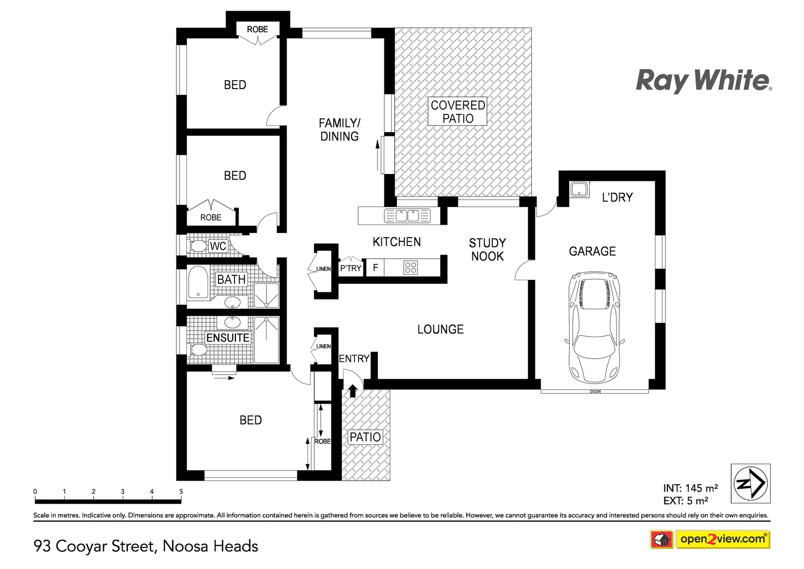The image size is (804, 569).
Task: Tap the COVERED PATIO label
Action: (458, 112)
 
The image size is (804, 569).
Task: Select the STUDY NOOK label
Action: (487, 250)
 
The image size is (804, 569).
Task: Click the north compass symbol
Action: (751, 483)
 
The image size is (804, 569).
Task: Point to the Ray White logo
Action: (703, 81)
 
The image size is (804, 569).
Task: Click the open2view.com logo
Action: (722, 539)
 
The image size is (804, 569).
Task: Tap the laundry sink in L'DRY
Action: (579, 190)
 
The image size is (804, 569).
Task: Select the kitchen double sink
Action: (407, 215)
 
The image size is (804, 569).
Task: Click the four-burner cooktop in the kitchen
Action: (411, 268)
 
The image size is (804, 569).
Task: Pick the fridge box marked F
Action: (375, 268)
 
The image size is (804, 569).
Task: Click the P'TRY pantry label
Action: (351, 268)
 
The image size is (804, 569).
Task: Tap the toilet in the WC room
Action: (198, 246)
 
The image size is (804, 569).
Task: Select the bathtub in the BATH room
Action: (198, 283)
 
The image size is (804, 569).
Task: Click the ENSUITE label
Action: (227, 338)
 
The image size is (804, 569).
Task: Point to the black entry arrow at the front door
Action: (353, 390)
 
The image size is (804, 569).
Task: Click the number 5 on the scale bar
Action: (181, 492)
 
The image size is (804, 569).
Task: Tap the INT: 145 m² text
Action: (690, 488)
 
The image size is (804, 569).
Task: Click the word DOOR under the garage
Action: (595, 392)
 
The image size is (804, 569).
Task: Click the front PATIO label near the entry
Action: (365, 437)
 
